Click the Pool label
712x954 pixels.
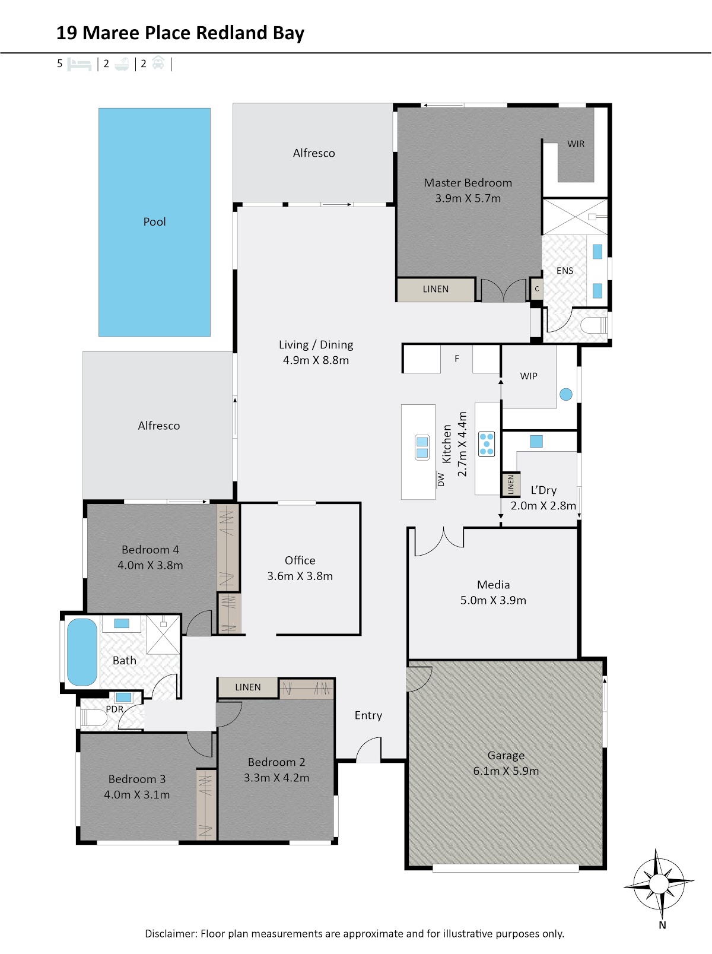point(154,221)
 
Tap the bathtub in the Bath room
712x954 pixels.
point(82,652)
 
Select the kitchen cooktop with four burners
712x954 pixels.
point(486,443)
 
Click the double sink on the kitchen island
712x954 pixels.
point(422,447)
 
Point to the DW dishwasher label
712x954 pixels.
point(441,480)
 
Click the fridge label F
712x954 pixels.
point(456,359)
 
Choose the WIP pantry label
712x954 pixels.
point(528,376)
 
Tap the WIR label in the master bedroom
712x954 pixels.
point(576,144)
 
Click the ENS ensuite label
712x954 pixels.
point(565,270)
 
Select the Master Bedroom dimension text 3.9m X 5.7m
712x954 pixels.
point(468,198)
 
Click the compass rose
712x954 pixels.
point(659,883)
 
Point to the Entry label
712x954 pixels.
point(368,715)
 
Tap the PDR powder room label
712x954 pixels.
point(115,709)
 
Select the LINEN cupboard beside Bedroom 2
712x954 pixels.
point(247,687)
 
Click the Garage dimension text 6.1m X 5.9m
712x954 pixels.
point(506,771)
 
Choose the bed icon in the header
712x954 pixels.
point(80,64)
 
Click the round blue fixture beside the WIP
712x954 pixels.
point(565,394)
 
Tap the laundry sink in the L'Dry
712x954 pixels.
point(536,441)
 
